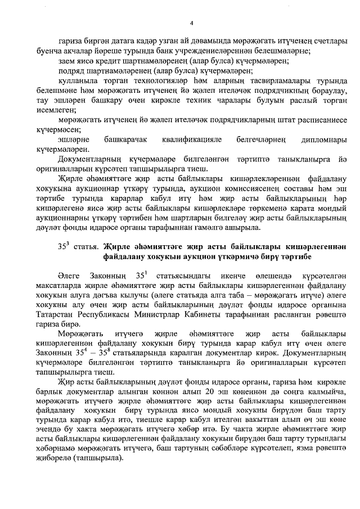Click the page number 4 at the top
191,23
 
